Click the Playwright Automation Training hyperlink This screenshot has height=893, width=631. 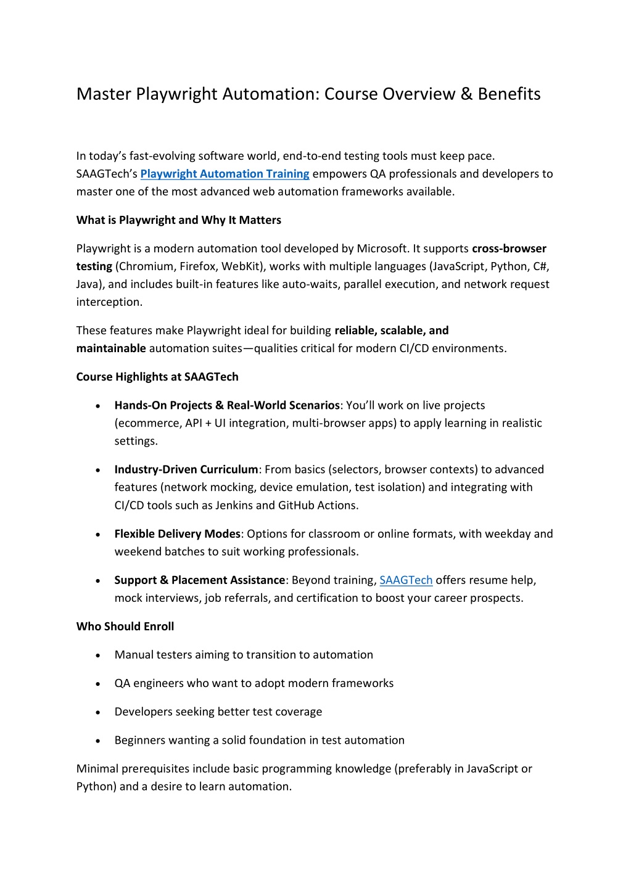[x=225, y=174]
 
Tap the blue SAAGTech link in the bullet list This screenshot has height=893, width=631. [x=406, y=580]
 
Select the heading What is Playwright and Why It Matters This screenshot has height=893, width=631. [x=178, y=220]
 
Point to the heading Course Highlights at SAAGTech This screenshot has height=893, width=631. [x=157, y=377]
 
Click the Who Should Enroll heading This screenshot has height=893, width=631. [x=125, y=627]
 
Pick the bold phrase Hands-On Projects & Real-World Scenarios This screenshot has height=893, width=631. [x=226, y=405]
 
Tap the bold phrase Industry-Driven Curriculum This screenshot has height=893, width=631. [x=186, y=469]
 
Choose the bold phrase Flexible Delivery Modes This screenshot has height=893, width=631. [x=177, y=534]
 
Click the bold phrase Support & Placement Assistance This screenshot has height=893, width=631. [x=199, y=580]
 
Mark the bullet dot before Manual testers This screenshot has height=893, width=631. [x=98, y=656]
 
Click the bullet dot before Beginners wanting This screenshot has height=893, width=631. [x=98, y=741]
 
